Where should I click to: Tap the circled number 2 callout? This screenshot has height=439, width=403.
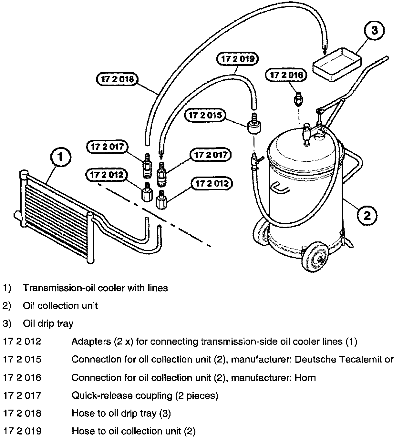click(367, 215)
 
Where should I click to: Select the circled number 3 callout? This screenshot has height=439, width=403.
click(375, 31)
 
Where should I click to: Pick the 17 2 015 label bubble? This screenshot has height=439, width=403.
click(206, 115)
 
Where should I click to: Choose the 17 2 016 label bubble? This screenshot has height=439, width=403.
click(286, 75)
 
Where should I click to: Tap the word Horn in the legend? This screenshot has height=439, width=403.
click(305, 377)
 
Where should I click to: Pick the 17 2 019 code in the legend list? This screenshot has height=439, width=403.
click(22, 431)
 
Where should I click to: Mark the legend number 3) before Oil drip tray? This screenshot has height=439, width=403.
click(7, 323)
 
